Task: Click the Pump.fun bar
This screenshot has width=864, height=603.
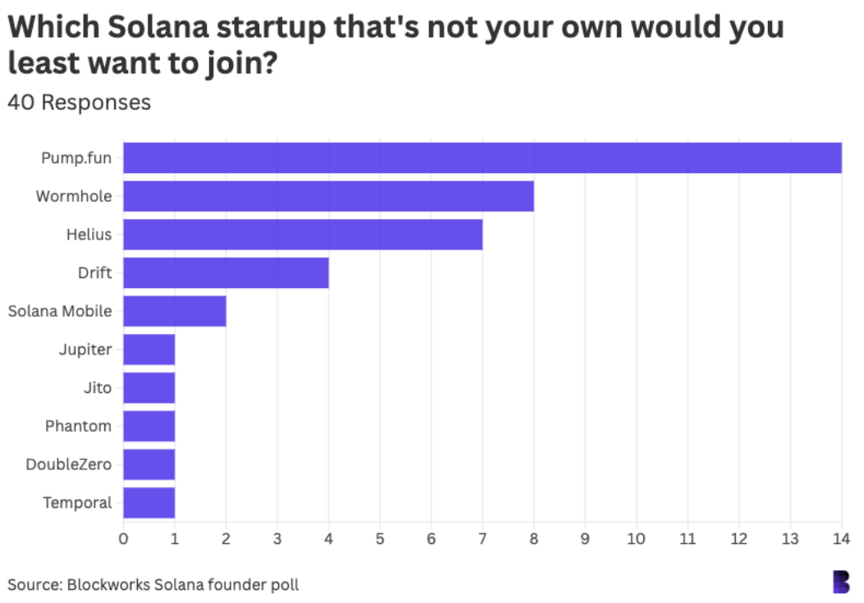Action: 482,158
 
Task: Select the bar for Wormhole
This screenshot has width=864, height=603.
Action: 328,196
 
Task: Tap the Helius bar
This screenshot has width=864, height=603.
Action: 303,235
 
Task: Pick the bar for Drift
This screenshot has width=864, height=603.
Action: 226,272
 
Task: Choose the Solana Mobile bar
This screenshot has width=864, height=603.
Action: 175,311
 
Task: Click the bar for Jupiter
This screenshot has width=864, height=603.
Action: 149,349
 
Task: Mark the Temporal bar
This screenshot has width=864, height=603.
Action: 149,503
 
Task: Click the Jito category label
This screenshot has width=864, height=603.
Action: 98,388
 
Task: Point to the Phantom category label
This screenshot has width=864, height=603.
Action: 78,426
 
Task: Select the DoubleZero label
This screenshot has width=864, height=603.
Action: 69,464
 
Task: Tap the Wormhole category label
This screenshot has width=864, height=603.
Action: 74,196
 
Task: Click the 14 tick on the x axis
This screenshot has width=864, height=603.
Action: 841,539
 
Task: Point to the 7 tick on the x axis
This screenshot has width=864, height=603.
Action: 482,539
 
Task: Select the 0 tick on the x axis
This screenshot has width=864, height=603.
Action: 123,539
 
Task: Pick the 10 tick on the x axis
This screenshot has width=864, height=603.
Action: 636,539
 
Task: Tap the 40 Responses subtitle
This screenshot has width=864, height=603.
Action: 80,103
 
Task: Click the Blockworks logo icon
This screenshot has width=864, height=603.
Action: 841,581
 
